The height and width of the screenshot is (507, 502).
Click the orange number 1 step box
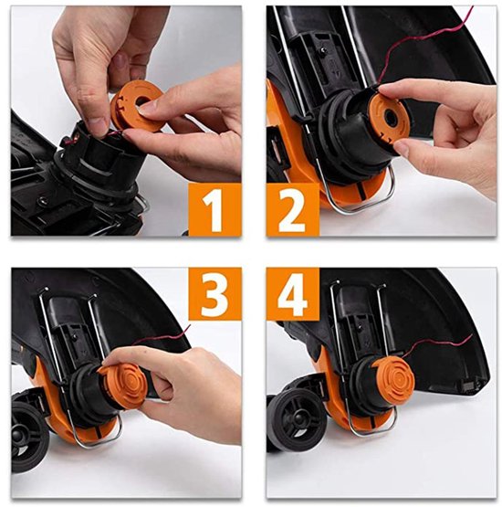[214, 210]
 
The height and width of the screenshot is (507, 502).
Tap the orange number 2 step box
[293, 210]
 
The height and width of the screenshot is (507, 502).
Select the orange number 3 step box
[214, 295]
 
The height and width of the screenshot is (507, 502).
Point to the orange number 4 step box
[293, 295]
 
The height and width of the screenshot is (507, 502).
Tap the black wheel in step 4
[294, 420]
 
